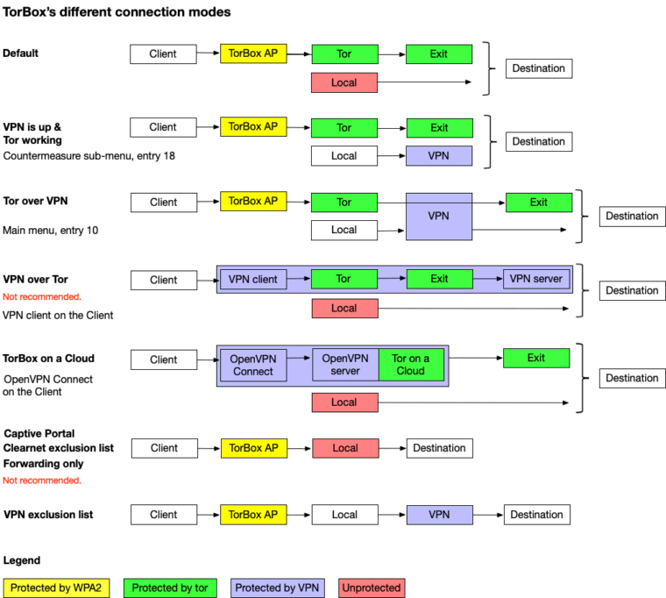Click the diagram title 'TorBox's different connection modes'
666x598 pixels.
pyautogui.click(x=117, y=12)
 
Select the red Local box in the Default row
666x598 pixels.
pyautogui.click(x=344, y=82)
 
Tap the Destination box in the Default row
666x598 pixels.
pyautogui.click(x=539, y=68)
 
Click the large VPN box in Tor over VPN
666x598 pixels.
pyautogui.click(x=439, y=217)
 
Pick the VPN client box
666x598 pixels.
pyautogui.click(x=253, y=279)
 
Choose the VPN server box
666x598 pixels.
pyautogui.click(x=536, y=279)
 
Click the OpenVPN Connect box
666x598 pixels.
pyautogui.click(x=253, y=365)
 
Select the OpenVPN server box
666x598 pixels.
pyautogui.click(x=345, y=365)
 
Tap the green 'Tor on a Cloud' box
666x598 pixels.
pyautogui.click(x=411, y=365)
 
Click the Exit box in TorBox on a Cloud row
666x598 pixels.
pyautogui.click(x=536, y=358)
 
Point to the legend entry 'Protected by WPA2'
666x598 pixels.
pyautogui.click(x=56, y=587)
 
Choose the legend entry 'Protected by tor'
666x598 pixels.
pyautogui.click(x=170, y=587)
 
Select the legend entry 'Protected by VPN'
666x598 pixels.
pyautogui.click(x=278, y=587)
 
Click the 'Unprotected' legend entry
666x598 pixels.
pyautogui.click(x=372, y=587)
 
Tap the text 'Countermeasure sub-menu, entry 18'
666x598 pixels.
pyautogui.click(x=89, y=156)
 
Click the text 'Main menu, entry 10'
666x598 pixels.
pyautogui.click(x=50, y=231)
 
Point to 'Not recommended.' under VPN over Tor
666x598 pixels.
pyautogui.click(x=42, y=296)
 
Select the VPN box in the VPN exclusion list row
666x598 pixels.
pyautogui.click(x=440, y=515)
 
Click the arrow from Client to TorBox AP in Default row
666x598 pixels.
pyautogui.click(x=209, y=53)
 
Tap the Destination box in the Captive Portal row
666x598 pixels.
pyautogui.click(x=440, y=448)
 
